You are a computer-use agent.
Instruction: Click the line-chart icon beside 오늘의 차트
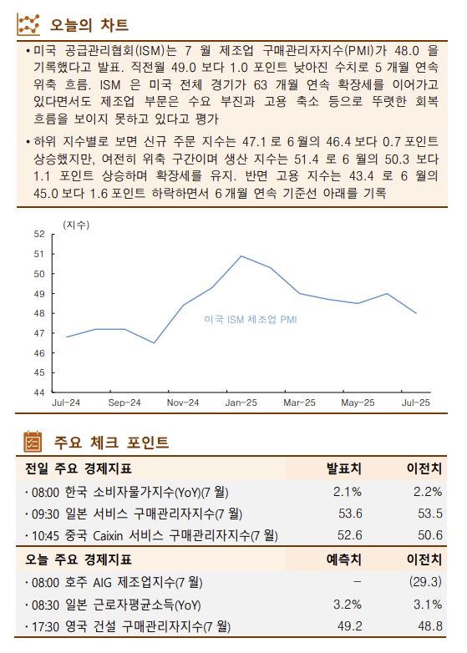point(29,24)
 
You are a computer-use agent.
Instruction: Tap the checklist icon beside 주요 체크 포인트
point(32,442)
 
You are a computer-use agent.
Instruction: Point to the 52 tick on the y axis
point(39,234)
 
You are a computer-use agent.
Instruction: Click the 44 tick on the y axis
point(39,392)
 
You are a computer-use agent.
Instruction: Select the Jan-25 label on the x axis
point(241,402)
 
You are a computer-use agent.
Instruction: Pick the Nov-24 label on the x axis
point(183,402)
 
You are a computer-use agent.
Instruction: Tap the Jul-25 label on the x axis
point(415,402)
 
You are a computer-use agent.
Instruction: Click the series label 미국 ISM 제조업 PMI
point(251,319)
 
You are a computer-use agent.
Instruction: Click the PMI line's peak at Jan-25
point(241,256)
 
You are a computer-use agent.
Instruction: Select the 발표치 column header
point(343,468)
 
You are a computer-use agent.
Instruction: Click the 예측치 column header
point(343,559)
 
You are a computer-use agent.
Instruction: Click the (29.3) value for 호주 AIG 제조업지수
point(424,581)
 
